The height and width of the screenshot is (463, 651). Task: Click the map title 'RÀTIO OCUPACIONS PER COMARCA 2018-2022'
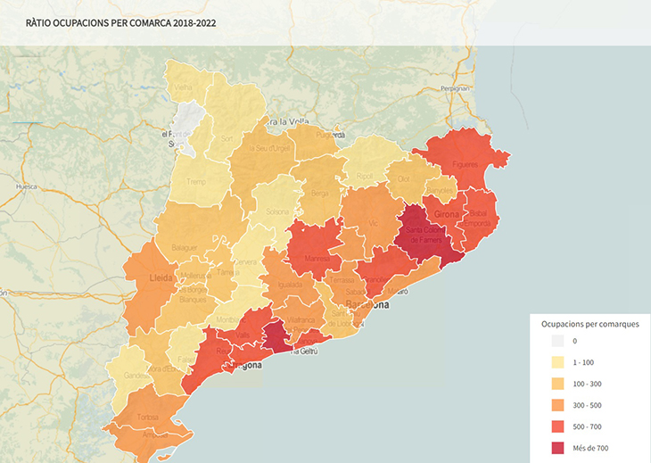[120, 22]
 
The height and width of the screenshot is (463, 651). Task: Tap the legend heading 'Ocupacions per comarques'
[588, 324]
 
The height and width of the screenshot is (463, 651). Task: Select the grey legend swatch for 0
[557, 341]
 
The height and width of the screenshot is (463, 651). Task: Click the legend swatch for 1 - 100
[557, 362]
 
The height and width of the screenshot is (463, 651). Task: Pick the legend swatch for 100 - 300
[557, 384]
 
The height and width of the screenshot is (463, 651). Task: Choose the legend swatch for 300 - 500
[557, 405]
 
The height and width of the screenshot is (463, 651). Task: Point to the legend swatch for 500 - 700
[557, 426]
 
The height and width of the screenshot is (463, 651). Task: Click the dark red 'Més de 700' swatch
[557, 448]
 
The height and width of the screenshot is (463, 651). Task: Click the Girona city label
[447, 215]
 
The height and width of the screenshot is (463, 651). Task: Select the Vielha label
[183, 87]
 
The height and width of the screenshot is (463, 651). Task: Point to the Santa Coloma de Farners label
[425, 235]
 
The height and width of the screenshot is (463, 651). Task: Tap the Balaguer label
[185, 246]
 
